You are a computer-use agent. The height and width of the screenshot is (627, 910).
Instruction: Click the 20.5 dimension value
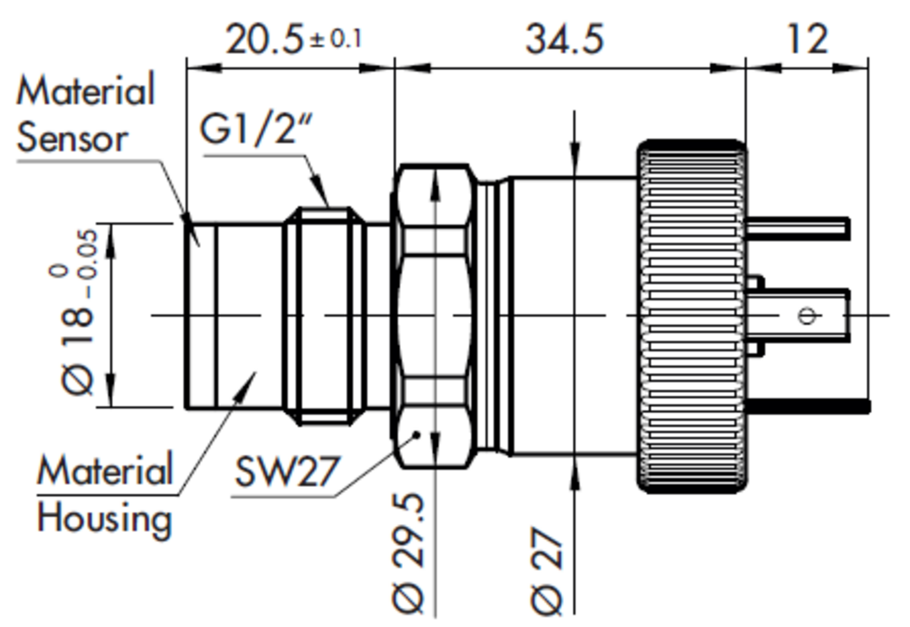pos(264,41)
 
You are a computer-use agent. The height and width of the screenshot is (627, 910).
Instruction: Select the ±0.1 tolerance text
pos(335,40)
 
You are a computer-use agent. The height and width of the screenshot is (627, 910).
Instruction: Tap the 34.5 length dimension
pos(564,40)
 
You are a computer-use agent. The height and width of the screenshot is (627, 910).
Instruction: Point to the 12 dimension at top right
pos(806,40)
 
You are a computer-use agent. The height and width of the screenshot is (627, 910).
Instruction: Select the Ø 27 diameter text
pos(547,571)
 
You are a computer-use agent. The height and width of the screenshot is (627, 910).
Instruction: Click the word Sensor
pos(72,138)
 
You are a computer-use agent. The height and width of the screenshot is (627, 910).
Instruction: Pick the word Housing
pos(104,520)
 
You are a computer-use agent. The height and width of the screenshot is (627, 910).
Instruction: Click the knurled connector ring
pos(692,316)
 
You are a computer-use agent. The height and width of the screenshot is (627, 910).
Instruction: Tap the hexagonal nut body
pos(433,316)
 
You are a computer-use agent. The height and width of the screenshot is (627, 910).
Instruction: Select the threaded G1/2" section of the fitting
pos(325,316)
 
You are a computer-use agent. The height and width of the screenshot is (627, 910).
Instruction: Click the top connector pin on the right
pos(797,228)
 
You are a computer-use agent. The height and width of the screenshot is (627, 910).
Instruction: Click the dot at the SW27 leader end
pos(417,435)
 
